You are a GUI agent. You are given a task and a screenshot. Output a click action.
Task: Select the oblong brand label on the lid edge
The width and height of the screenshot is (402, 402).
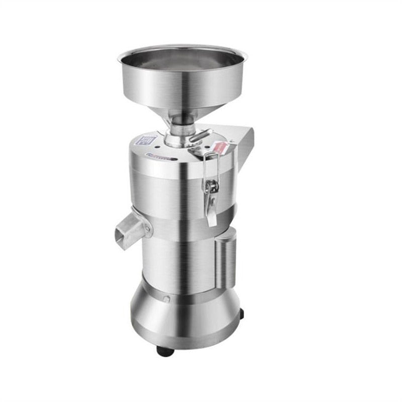coord(161,157)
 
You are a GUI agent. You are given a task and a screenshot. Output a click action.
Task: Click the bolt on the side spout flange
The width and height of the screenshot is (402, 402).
coord(148,231)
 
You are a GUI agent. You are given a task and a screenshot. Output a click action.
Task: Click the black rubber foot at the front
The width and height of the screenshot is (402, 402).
coord(165,350)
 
